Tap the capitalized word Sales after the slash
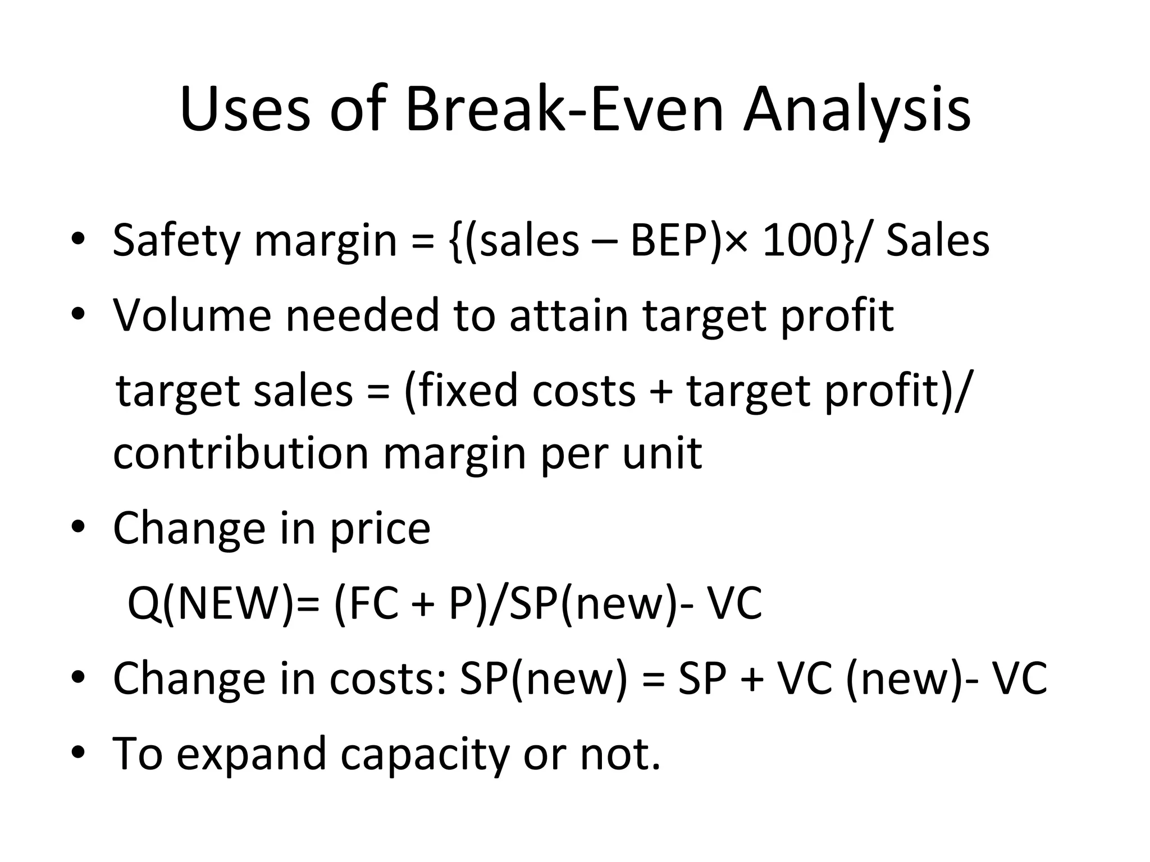[937, 240]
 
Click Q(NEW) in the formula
[210, 604]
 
